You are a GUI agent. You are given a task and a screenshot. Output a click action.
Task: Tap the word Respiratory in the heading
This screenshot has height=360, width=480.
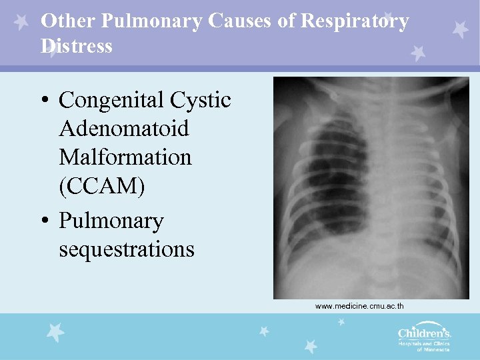pos(354,22)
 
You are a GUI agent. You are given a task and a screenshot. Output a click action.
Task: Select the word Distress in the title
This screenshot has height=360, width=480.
pos(77,47)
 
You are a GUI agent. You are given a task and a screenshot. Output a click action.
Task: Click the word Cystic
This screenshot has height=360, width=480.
pos(201,101)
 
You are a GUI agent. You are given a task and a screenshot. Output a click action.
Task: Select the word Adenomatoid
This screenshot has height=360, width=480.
pos(124,129)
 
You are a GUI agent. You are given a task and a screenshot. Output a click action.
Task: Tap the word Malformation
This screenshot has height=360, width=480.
pos(125,158)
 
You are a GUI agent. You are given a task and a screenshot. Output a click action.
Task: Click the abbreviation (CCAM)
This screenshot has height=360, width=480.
pos(102,187)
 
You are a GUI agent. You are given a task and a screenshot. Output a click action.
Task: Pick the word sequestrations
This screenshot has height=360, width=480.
pos(127,249)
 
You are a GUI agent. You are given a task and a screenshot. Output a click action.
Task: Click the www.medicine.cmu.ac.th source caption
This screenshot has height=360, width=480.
pos(359,306)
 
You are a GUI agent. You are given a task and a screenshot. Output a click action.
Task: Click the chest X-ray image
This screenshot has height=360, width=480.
pos(371,187)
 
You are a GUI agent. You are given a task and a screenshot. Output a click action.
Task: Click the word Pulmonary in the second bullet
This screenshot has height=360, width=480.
pos(111,221)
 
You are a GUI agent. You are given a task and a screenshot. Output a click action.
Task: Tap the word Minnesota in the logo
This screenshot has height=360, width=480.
pos(437,349)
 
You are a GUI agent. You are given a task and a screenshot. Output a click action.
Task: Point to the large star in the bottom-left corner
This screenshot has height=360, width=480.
pos(55,331)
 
